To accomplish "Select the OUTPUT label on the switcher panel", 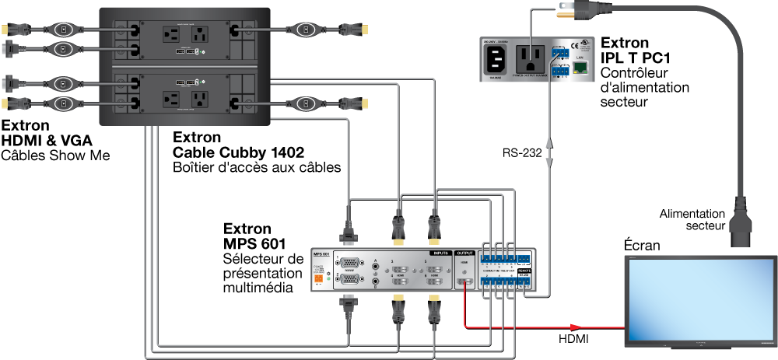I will (464, 253).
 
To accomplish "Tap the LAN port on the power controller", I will (580, 68).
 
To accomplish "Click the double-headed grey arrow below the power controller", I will (550, 152).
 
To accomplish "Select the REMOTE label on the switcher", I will (524, 271).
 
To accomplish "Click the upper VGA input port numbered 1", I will (351, 264).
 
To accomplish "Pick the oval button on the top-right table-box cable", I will (307, 30).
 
